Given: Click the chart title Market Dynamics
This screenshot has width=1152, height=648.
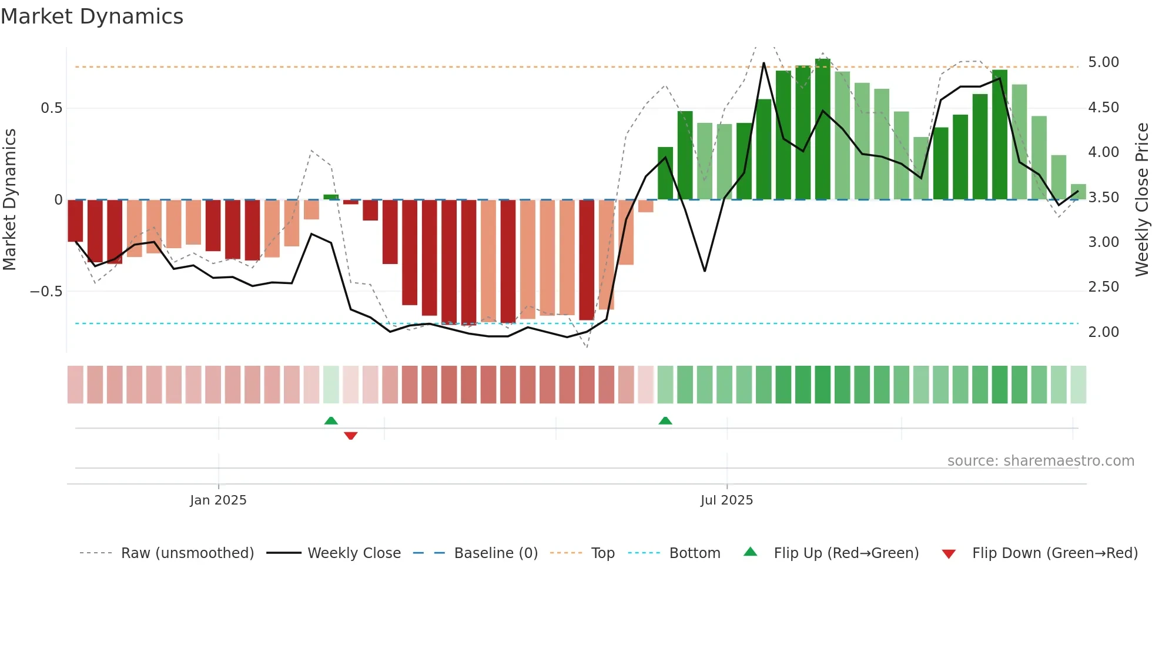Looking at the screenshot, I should (92, 16).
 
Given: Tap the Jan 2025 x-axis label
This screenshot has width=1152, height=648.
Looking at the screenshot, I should (218, 500).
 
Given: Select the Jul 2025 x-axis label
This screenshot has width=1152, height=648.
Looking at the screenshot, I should (726, 500).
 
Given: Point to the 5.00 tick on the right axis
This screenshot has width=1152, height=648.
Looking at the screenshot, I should (1103, 62).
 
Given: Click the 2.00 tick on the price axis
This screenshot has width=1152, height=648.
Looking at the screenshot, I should (1103, 332).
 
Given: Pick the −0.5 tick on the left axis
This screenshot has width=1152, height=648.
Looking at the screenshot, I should (46, 292).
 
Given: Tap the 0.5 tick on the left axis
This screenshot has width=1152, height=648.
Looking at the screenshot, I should (51, 108).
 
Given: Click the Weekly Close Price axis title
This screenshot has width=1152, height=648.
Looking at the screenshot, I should (1141, 199).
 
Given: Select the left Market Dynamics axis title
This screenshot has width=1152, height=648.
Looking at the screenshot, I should (9, 199).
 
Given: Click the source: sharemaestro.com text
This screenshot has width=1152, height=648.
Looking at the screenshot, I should (1040, 461).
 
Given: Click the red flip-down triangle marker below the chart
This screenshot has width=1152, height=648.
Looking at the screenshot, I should (351, 436).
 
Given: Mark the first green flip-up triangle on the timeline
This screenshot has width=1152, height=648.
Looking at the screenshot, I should (331, 420).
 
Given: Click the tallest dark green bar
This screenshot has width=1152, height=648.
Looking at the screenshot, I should (823, 129).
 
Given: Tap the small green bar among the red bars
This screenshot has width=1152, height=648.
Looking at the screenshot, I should (331, 197).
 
